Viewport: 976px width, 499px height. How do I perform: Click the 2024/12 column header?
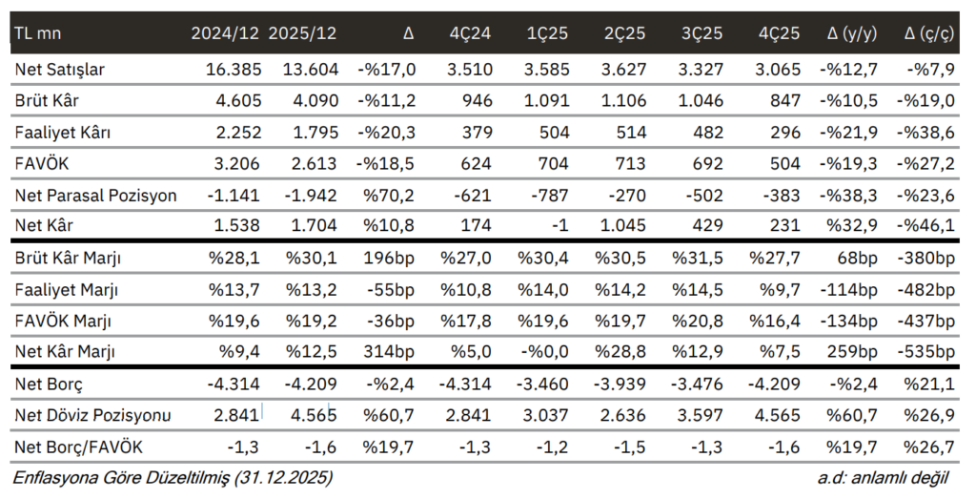point(224,33)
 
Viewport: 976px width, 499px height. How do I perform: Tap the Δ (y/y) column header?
point(852,33)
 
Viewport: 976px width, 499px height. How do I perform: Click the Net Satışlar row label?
point(60,70)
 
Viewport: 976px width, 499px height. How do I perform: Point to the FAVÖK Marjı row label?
point(65,322)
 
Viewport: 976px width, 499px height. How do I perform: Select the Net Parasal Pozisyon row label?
point(96,196)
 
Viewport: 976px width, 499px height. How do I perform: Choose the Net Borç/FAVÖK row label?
point(75,447)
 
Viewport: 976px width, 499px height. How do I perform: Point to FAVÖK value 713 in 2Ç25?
point(635,164)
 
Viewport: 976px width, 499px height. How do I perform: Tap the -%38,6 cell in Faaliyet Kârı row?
point(928,133)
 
